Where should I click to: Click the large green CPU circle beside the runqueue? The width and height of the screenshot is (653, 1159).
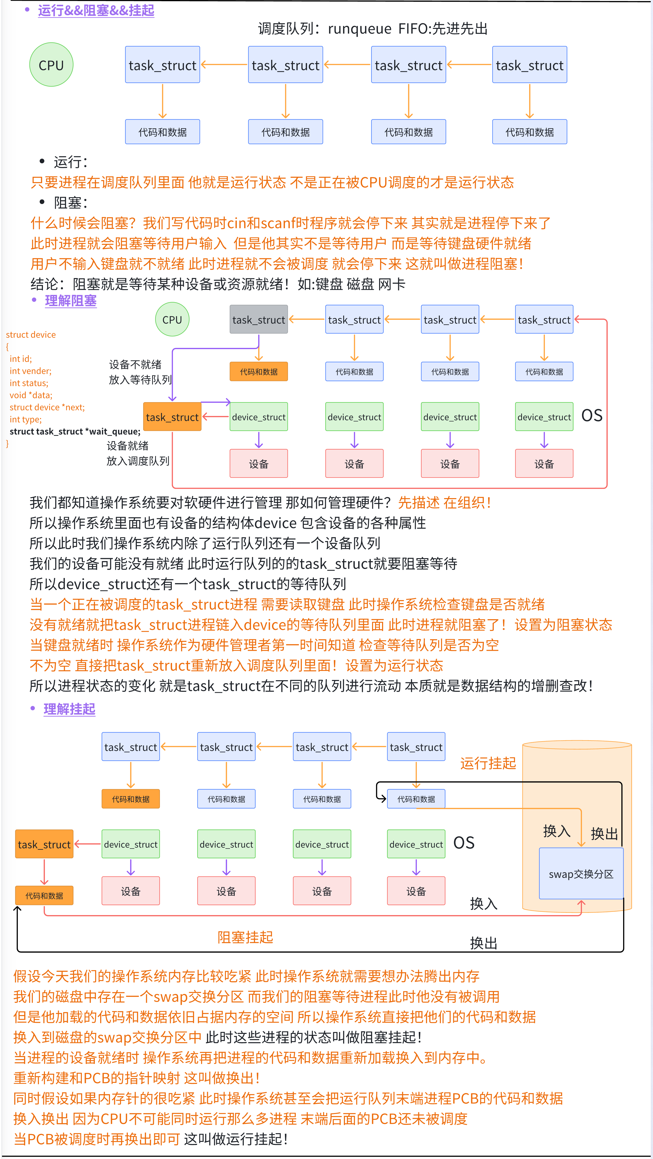click(x=51, y=65)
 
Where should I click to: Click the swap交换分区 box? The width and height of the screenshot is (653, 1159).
click(x=581, y=874)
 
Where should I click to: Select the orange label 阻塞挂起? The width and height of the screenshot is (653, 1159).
click(x=245, y=937)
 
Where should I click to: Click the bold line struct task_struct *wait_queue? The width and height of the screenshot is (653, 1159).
click(x=75, y=432)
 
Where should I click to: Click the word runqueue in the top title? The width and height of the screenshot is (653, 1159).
click(x=359, y=29)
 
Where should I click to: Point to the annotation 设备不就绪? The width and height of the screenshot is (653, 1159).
click(x=135, y=364)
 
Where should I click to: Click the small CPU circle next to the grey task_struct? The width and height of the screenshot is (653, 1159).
click(x=172, y=320)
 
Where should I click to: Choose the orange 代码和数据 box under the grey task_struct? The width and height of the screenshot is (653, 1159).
click(x=259, y=372)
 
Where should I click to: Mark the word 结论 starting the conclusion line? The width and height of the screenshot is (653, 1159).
click(x=44, y=284)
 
